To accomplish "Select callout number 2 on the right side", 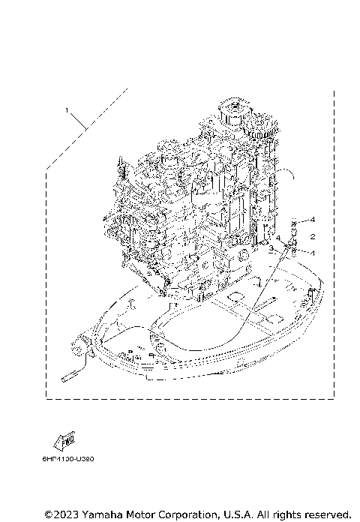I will pyautogui.click(x=313, y=235).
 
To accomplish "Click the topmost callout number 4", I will pyautogui.click(x=313, y=219).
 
